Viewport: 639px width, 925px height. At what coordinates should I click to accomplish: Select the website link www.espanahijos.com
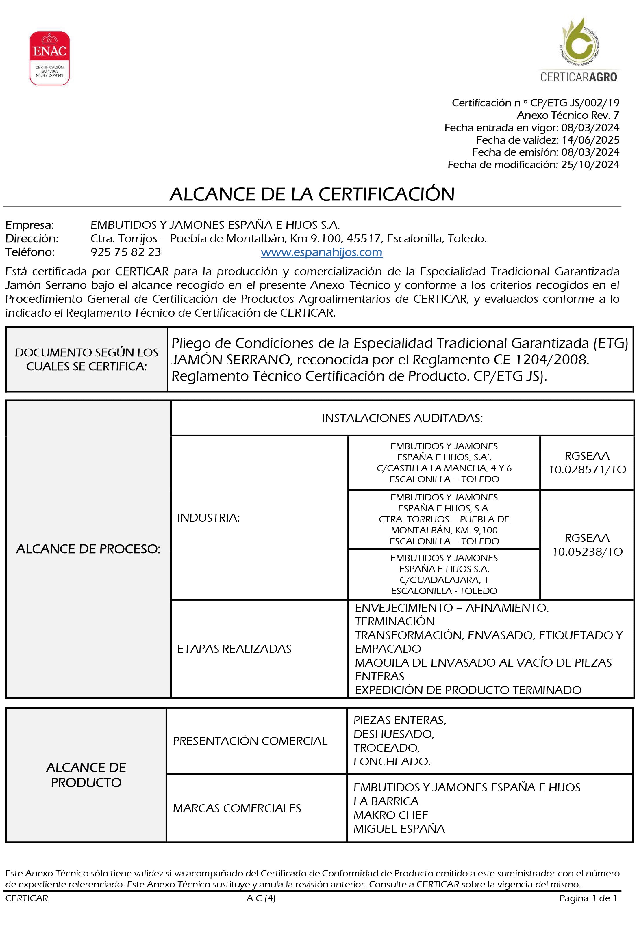[x=321, y=252]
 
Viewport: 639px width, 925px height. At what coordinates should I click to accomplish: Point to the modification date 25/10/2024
[x=590, y=164]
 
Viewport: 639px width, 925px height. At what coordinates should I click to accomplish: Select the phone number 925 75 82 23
[x=126, y=252]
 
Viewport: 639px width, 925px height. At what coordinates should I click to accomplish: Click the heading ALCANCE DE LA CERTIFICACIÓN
[x=312, y=194]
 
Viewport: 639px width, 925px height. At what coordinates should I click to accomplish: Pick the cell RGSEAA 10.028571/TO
[x=587, y=463]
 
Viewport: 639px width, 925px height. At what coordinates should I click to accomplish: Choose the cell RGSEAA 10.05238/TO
[x=587, y=545]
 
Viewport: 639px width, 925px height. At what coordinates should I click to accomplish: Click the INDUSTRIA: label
[x=208, y=518]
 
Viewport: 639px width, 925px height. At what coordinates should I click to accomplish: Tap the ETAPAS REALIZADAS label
[x=234, y=649]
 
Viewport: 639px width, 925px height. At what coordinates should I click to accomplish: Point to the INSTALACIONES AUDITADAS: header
[x=402, y=418]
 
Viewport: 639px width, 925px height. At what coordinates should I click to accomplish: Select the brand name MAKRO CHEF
[x=390, y=815]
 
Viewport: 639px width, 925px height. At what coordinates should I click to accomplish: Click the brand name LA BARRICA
[x=386, y=801]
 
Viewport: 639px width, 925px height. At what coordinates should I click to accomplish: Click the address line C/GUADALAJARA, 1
[x=444, y=580]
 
